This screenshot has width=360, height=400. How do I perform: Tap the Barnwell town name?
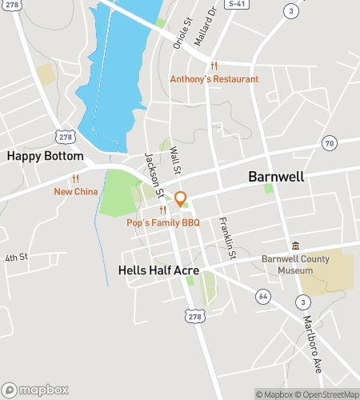tap(276, 177)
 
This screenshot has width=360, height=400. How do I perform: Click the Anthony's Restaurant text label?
tap(214, 79)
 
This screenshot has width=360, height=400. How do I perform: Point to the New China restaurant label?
tap(75, 191)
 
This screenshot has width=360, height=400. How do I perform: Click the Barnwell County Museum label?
tap(287, 265)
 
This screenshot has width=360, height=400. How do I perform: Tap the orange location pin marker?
tap(181, 198)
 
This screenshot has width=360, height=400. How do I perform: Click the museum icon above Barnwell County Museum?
tap(295, 246)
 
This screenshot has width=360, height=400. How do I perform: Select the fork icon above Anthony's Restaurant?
tap(214, 66)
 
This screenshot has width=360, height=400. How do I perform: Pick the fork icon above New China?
tap(75, 178)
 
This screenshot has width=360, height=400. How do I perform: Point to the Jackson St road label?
tap(154, 175)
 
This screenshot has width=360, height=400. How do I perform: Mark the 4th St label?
tap(16, 258)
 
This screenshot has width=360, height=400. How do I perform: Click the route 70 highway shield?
tap(329, 143)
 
